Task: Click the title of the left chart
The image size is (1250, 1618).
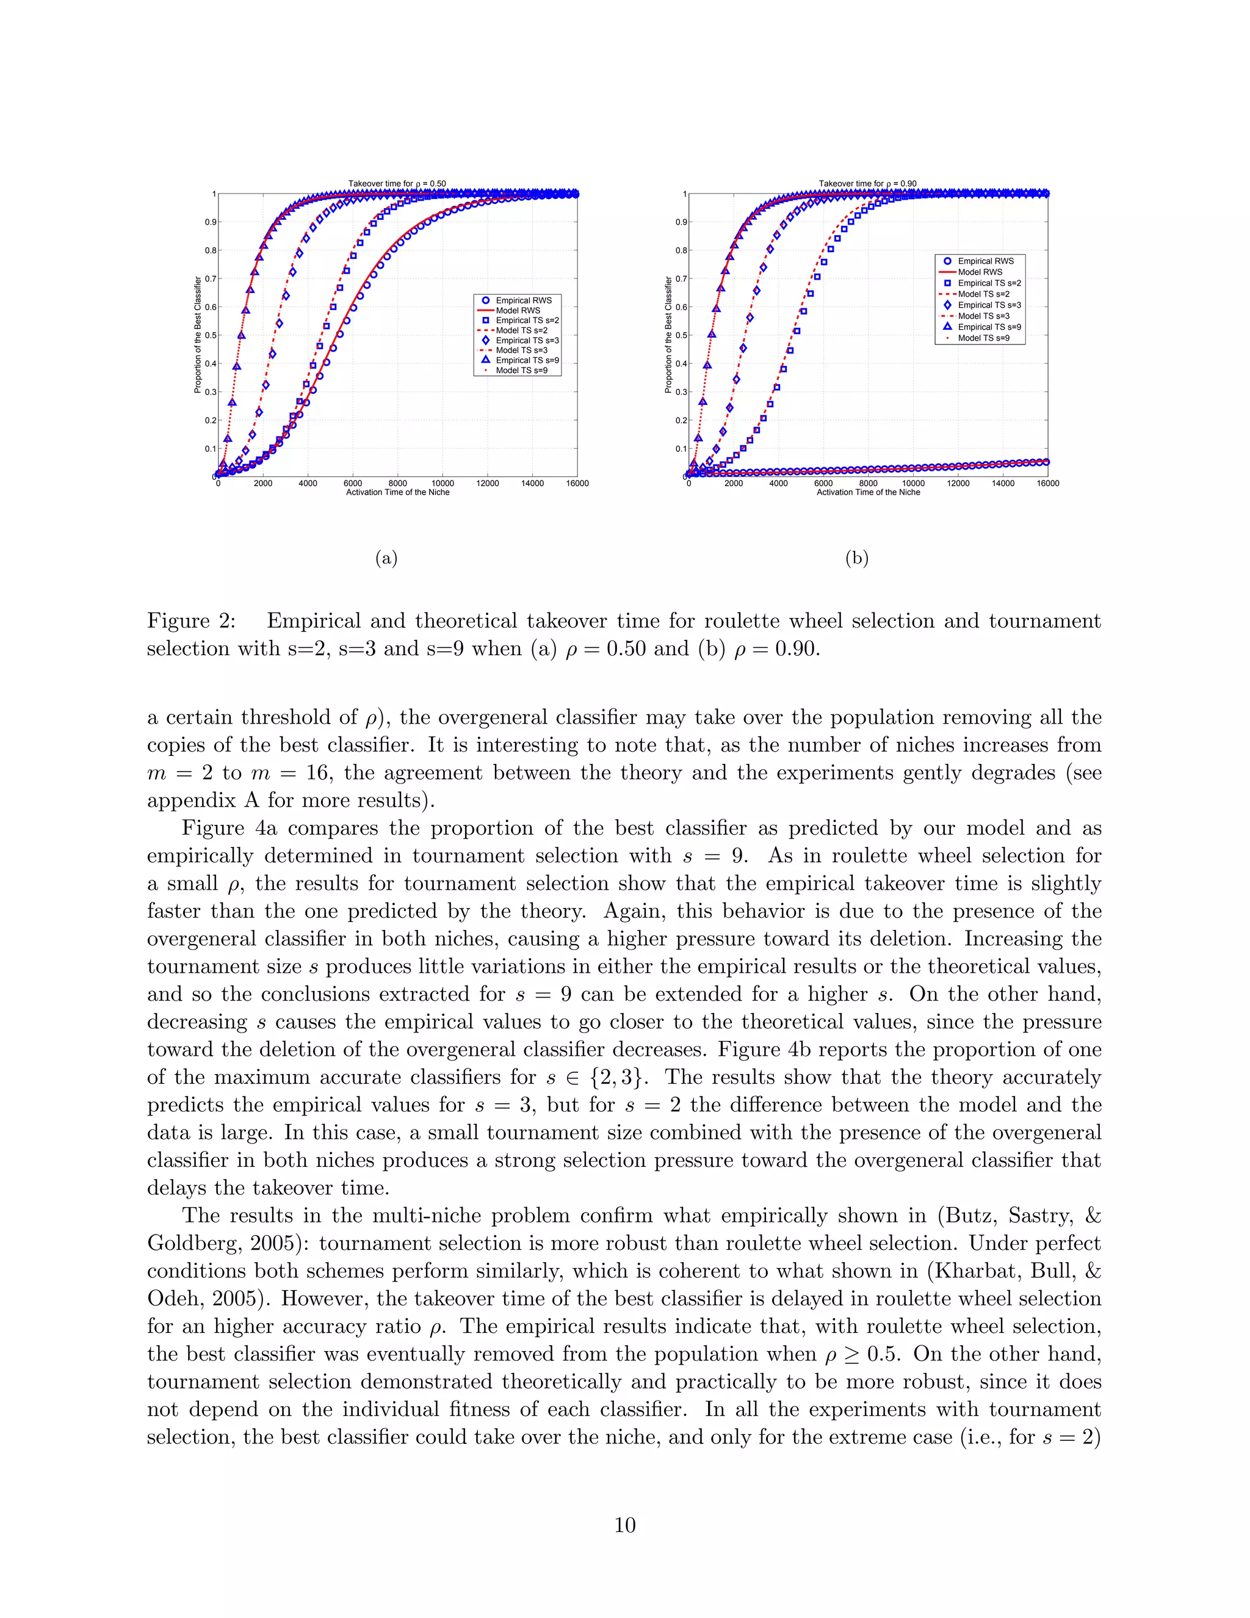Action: [397, 184]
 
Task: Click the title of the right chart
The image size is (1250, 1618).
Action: [867, 184]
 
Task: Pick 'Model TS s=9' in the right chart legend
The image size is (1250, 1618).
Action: [983, 338]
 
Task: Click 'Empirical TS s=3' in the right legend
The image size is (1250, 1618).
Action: [989, 305]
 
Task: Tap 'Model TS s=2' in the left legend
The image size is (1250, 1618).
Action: [521, 330]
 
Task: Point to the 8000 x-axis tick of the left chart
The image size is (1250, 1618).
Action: [398, 483]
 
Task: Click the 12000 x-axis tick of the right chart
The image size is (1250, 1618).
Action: [958, 483]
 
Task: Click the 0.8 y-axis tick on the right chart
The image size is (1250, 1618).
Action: [681, 250]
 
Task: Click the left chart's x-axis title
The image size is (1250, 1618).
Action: [398, 493]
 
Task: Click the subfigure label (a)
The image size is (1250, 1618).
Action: [386, 558]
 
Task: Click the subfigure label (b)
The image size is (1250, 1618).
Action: [857, 558]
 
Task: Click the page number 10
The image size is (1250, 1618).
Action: [625, 1525]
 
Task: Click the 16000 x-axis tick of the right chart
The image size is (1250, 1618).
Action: [1048, 483]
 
